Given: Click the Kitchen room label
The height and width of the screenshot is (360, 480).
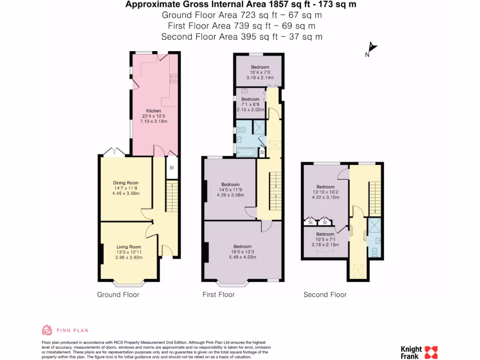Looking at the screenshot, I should [x=153, y=111].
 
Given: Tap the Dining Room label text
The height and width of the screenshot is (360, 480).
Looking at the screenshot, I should [x=126, y=183].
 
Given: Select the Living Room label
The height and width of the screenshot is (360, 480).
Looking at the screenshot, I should [x=128, y=247].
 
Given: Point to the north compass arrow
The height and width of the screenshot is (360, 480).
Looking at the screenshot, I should [x=372, y=48].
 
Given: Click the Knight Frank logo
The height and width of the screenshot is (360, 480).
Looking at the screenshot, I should [x=419, y=352].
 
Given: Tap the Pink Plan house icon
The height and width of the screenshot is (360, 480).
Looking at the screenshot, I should [x=47, y=330].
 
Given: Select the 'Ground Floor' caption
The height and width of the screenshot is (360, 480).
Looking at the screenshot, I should [x=118, y=295].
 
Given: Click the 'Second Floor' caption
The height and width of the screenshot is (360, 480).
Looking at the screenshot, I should [x=325, y=295].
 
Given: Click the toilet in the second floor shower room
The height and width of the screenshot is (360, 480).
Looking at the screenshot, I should [x=374, y=252].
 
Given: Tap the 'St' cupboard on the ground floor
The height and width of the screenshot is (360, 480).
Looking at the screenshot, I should [x=172, y=168].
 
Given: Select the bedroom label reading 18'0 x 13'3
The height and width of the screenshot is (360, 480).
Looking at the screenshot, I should [x=242, y=252].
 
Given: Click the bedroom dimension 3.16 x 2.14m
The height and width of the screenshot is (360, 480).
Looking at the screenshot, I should [x=260, y=78].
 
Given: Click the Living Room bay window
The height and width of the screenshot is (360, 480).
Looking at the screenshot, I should [x=129, y=283].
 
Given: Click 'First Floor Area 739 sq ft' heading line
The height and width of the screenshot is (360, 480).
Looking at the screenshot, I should [x=241, y=26].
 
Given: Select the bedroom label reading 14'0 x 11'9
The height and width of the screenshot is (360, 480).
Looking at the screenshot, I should [x=230, y=190].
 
